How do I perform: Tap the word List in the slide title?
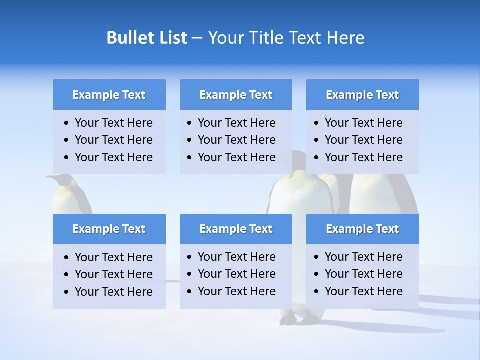click(170, 38)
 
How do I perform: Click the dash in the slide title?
click(197, 38)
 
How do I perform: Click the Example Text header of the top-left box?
click(109, 95)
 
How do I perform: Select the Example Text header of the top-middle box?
click(236, 95)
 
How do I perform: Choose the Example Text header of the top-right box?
click(362, 95)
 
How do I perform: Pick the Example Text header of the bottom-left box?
click(109, 229)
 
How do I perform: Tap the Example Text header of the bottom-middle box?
click(236, 229)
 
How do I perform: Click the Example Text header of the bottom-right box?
click(362, 229)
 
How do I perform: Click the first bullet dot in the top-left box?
click(67, 123)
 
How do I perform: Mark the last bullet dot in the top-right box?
click(317, 158)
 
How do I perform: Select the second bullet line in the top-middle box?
click(236, 140)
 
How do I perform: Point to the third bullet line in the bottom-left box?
click(113, 291)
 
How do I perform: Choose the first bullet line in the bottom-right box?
click(363, 257)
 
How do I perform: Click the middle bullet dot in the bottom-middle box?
click(190, 274)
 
